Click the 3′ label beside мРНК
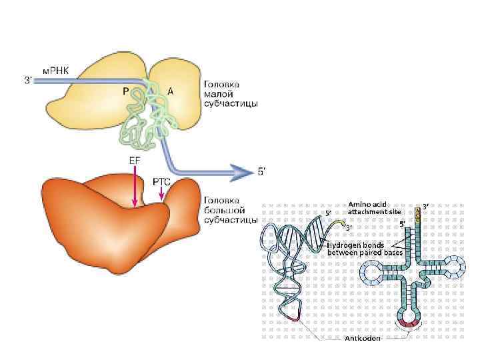pos(28,81)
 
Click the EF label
pos(133,159)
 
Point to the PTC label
pos(161,181)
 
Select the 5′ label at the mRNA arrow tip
pos(261,172)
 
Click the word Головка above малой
pos(222,85)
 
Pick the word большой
pos(223,209)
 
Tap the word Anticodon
pos(363,339)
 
